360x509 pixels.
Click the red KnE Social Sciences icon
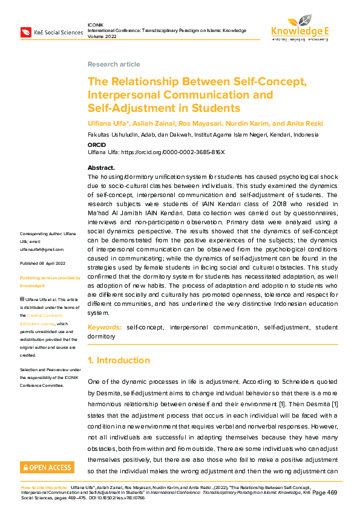[x=26, y=31]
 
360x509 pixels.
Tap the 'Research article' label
[x=114, y=64]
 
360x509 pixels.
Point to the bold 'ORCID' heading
[x=97, y=145]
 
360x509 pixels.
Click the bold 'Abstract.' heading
[x=101, y=167]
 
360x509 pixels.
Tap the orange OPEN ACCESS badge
[x=47, y=467]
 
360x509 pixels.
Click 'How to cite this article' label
[x=44, y=487]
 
